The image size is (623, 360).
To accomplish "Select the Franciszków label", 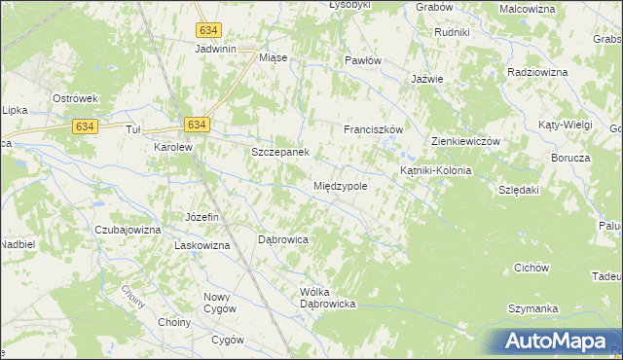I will click(x=373, y=128).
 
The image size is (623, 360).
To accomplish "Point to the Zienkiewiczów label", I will click(x=465, y=141).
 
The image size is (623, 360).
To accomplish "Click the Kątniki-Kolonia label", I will click(x=436, y=170).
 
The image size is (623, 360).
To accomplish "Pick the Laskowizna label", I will click(x=202, y=245).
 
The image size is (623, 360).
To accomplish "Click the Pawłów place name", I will click(x=363, y=59).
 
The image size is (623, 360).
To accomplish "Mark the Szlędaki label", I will click(x=518, y=191).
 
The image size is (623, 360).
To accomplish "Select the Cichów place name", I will click(x=532, y=268).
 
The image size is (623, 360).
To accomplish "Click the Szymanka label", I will click(x=532, y=308).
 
